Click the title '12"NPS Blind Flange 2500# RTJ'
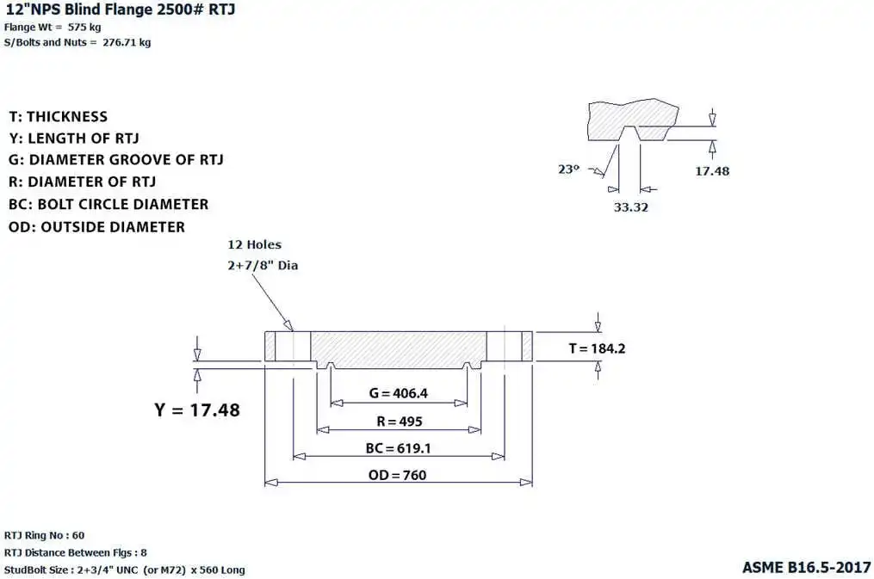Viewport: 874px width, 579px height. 120,9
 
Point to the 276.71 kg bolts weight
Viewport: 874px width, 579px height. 127,43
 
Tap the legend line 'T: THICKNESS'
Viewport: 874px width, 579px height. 59,117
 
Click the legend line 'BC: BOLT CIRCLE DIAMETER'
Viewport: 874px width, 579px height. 108,205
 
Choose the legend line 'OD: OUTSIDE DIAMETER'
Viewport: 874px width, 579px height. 96,227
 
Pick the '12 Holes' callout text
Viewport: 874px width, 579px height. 254,245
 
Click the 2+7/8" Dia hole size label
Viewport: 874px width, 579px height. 262,266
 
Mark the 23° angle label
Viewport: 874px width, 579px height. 569,169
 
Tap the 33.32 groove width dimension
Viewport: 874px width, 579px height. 630,207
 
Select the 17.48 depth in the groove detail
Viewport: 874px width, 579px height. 711,171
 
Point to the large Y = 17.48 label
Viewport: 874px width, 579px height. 197,410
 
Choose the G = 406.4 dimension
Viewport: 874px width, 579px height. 398,394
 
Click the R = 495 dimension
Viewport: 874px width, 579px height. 398,422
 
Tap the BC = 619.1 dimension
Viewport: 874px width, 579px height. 398,448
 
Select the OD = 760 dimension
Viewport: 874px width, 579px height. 398,475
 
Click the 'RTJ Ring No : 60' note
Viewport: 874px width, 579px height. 45,535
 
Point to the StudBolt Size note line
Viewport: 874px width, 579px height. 125,570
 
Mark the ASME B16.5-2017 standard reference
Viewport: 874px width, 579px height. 806,568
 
